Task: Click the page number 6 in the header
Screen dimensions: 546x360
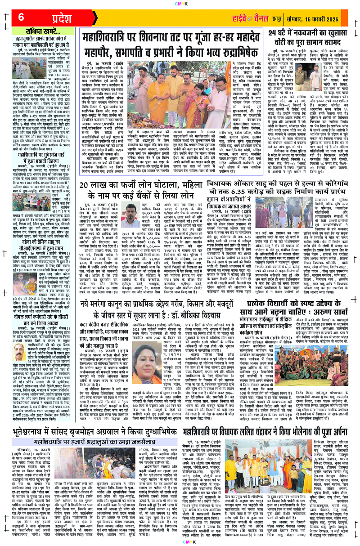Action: [x=21, y=18]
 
